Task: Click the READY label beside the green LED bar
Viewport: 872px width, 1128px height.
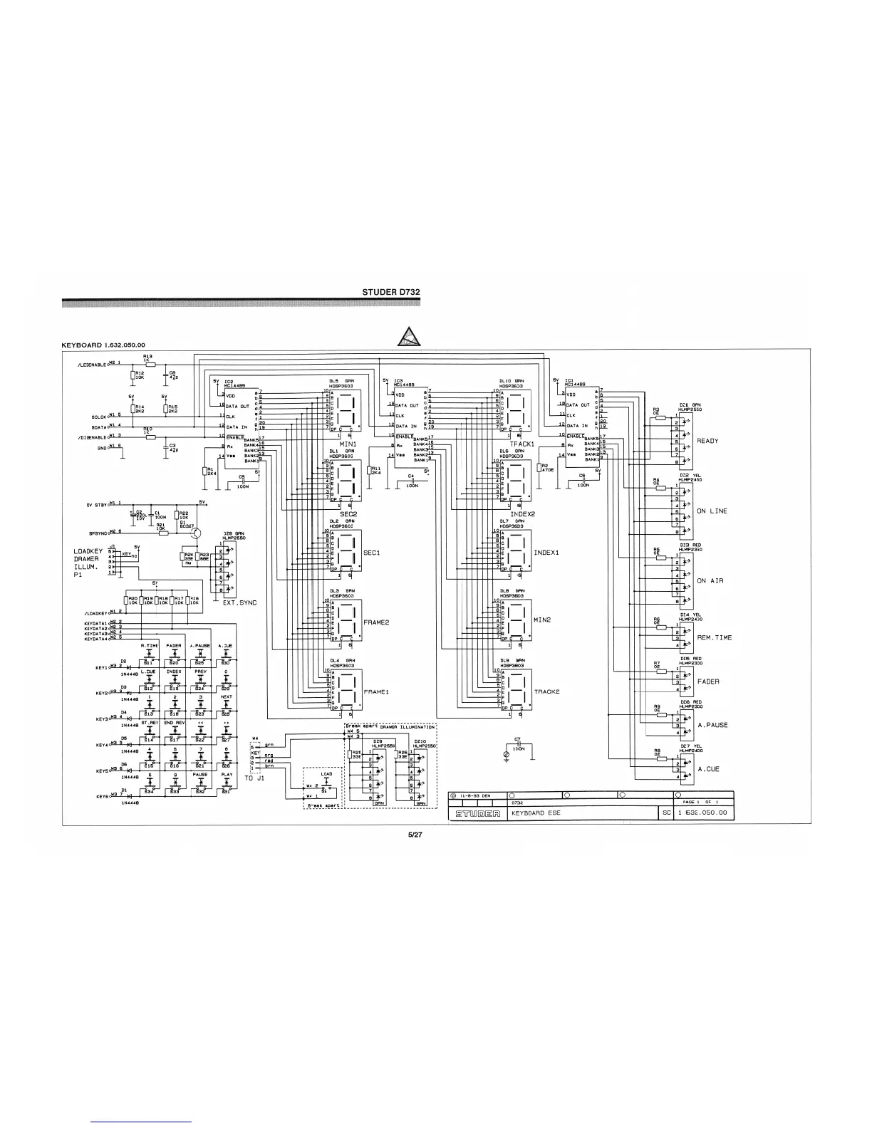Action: click(707, 441)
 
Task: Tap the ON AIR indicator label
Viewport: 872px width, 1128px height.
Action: click(710, 581)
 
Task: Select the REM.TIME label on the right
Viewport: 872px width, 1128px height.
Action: click(714, 637)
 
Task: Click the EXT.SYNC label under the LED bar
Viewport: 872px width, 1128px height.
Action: click(239, 603)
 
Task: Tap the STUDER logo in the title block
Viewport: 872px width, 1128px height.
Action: click(477, 813)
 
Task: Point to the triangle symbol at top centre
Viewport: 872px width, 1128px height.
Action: click(409, 336)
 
